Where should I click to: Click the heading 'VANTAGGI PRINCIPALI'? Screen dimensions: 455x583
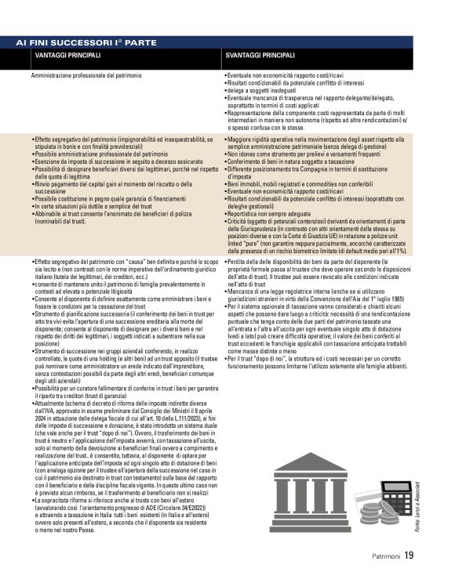tap(67, 56)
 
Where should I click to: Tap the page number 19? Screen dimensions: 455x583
tap(409, 556)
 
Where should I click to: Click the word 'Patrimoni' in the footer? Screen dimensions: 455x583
tap(387, 557)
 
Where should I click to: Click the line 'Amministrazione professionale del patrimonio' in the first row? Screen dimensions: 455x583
tap(86, 76)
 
